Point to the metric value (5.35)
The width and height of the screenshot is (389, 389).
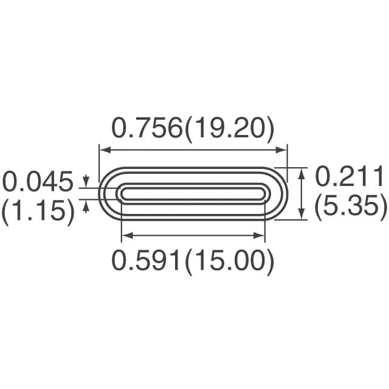351,208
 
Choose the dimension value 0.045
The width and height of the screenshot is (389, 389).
38,181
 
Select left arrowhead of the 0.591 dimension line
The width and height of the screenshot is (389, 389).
125,235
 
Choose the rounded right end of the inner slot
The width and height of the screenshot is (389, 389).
265,193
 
